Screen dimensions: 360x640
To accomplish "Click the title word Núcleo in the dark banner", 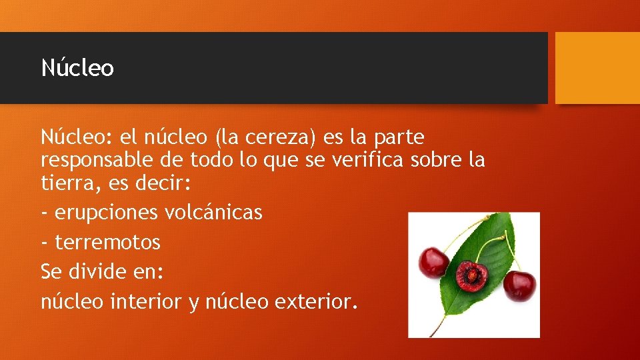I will coord(77,68).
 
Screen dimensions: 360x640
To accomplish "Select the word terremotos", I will coord(107,242).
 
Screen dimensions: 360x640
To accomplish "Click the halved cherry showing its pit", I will coord(471,275).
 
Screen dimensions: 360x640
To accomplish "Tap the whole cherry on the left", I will coord(433,262).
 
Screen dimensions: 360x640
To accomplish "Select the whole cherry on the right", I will coord(519,285).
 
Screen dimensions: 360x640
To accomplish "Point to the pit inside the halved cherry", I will coord(471,275).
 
